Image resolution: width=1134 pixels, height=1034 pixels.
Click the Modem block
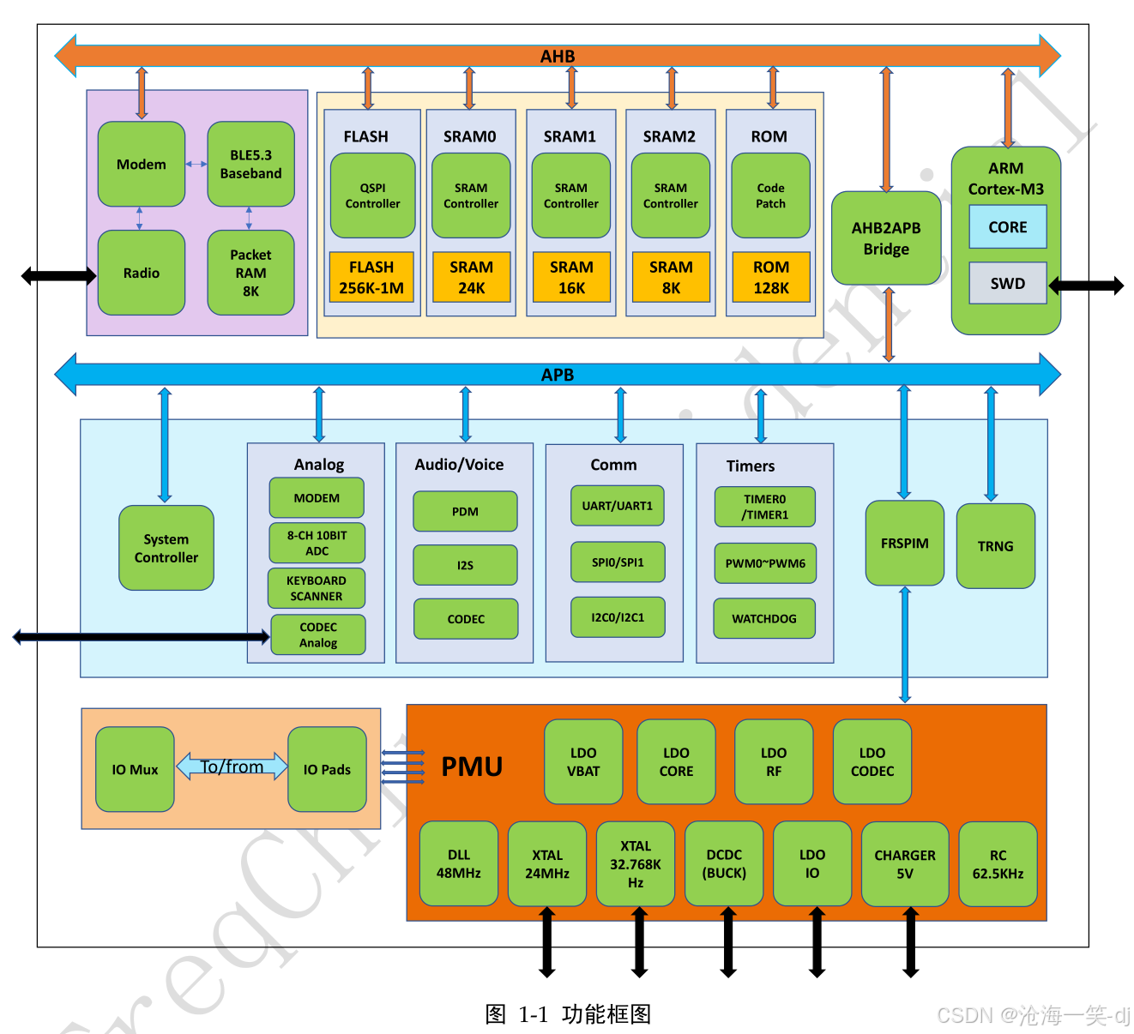pyautogui.click(x=142, y=164)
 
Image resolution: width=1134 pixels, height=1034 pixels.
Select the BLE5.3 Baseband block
pyautogui.click(x=250, y=164)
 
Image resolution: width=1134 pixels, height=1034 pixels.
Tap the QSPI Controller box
pyautogui.click(x=372, y=195)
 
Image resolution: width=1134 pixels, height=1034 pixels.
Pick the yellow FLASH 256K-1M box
pyautogui.click(x=371, y=277)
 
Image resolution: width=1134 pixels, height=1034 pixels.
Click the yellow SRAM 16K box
pyautogui.click(x=571, y=277)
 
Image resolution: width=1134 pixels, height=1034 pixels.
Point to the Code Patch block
pyautogui.click(x=770, y=195)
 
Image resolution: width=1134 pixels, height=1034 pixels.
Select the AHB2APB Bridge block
pyautogui.click(x=886, y=238)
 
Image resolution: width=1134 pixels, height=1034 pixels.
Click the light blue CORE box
pyautogui.click(x=1007, y=227)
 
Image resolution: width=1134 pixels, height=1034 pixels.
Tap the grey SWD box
pyautogui.click(x=1007, y=283)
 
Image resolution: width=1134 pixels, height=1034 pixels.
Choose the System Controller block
pyautogui.click(x=166, y=548)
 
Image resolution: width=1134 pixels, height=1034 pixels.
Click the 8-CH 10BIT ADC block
pyautogui.click(x=317, y=543)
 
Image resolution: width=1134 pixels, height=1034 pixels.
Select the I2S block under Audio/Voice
pyautogui.click(x=465, y=565)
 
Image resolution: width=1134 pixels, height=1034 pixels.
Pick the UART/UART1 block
pyautogui.click(x=617, y=506)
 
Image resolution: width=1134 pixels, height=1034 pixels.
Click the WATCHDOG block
pyautogui.click(x=763, y=618)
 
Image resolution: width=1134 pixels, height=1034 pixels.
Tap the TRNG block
pyautogui.click(x=995, y=546)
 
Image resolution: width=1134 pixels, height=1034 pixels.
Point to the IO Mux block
pyautogui.click(x=135, y=769)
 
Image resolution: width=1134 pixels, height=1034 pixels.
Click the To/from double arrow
pyautogui.click(x=232, y=766)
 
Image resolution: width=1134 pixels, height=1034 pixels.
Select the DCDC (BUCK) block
pyautogui.click(x=724, y=863)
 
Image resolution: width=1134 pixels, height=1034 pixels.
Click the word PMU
pyautogui.click(x=472, y=766)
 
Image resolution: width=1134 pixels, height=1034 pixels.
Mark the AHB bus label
pyautogui.click(x=558, y=57)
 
